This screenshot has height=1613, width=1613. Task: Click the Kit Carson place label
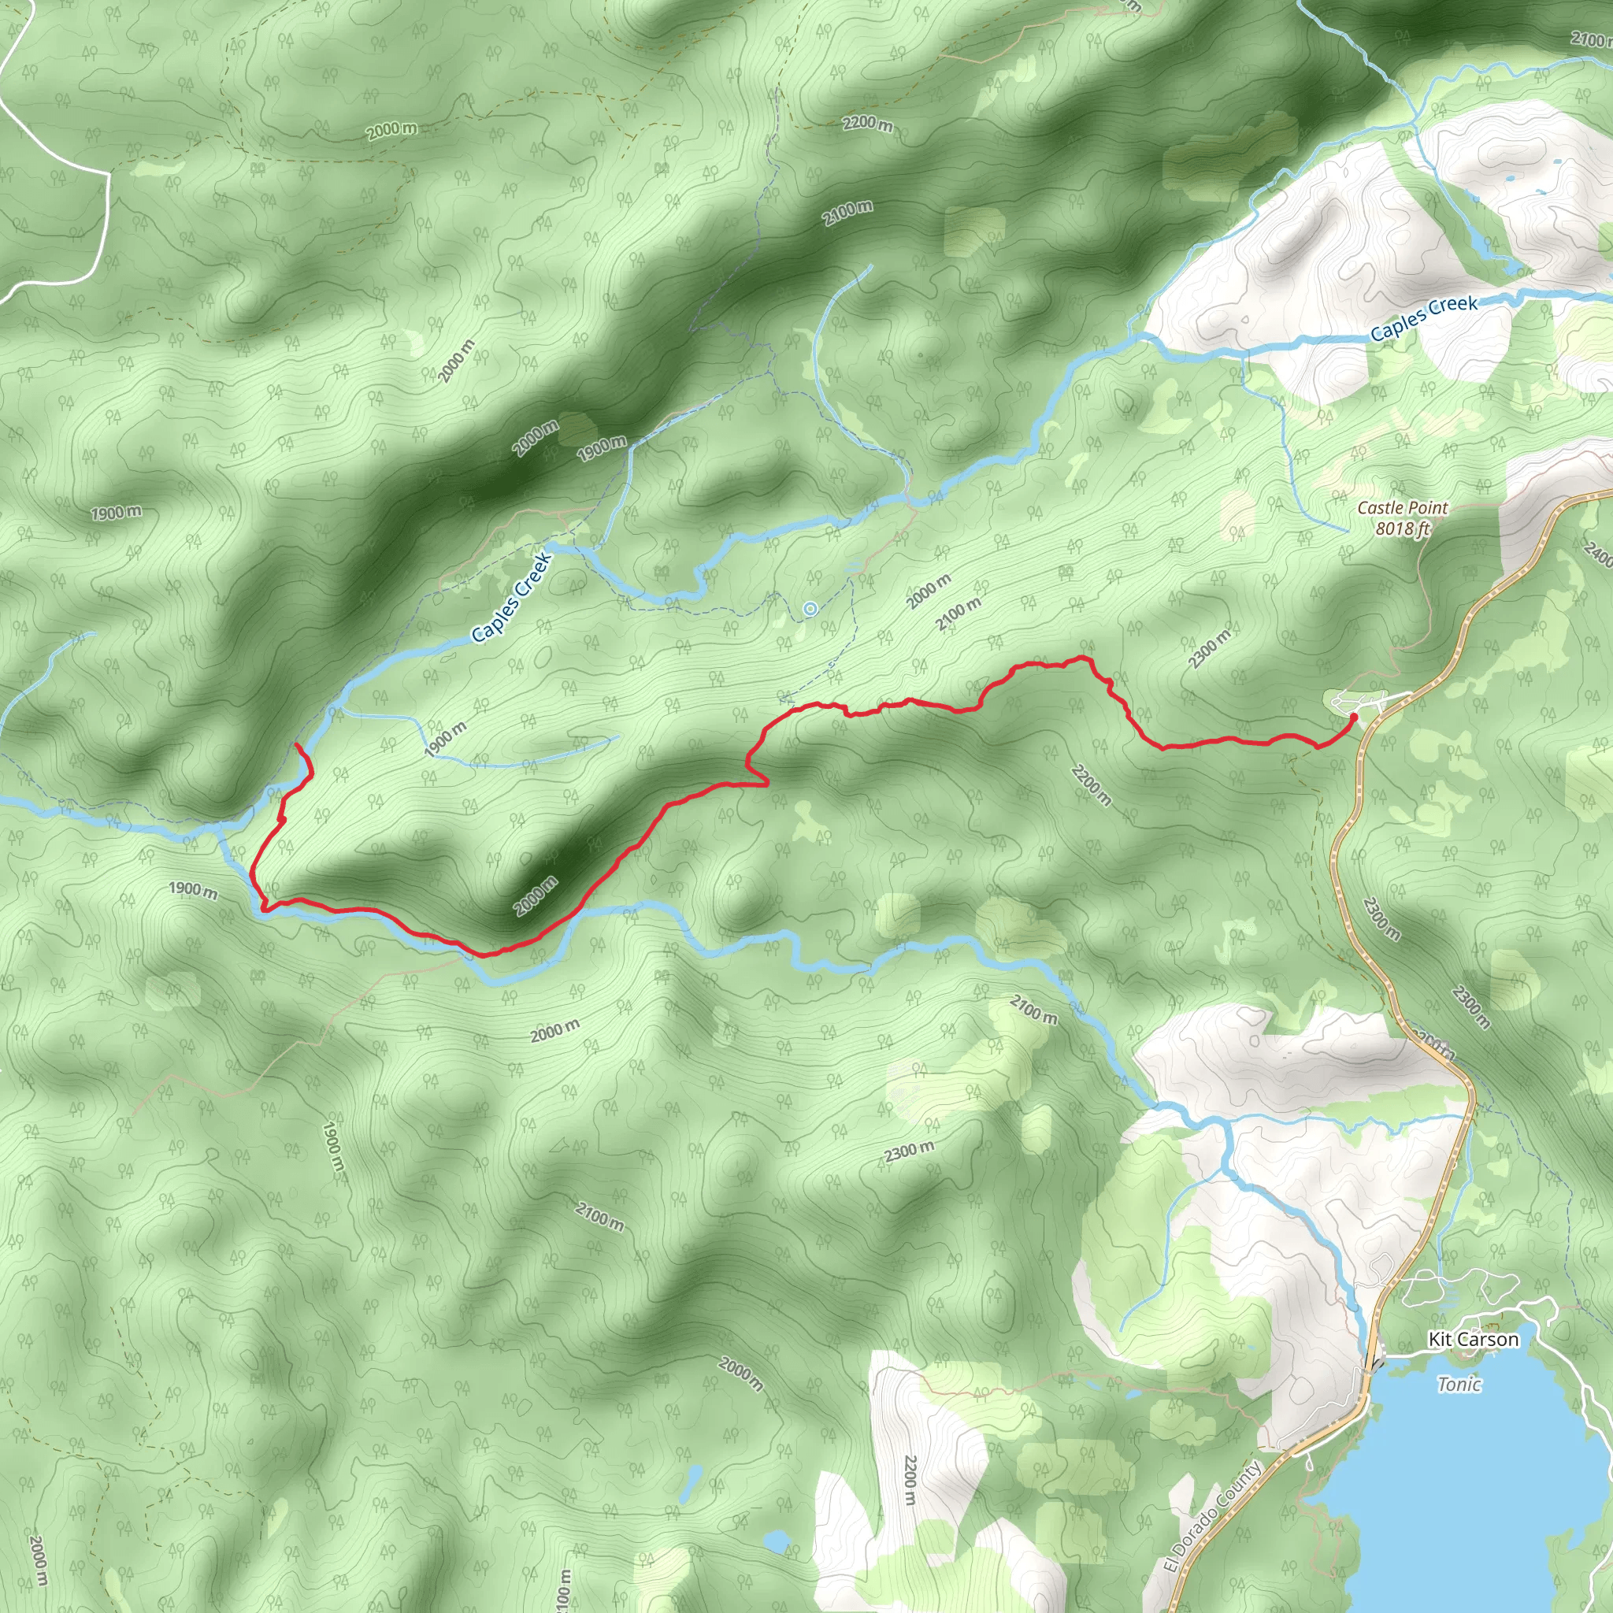tap(1474, 1339)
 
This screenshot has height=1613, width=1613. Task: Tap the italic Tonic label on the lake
tap(1459, 1385)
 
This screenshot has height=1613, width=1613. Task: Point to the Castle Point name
tap(1403, 508)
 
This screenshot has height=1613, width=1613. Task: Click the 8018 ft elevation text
tap(1403, 528)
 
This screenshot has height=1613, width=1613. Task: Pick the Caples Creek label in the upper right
tap(1423, 317)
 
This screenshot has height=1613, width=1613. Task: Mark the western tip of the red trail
tap(297, 743)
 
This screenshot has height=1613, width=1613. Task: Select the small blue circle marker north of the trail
tap(809, 610)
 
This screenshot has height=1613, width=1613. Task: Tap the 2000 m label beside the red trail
tap(535, 895)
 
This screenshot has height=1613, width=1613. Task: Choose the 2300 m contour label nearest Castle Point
tap(1210, 649)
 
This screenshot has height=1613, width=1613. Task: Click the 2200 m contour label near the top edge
tap(867, 124)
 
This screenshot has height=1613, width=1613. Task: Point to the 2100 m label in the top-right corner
tap(1589, 39)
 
